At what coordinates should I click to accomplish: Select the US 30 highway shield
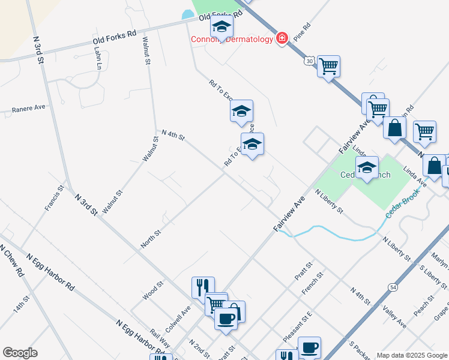click(x=309, y=61)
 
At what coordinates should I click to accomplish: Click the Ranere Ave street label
click(x=29, y=109)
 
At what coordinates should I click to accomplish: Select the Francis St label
click(x=54, y=199)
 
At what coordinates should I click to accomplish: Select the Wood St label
click(x=152, y=291)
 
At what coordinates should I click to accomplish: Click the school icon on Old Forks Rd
click(x=221, y=27)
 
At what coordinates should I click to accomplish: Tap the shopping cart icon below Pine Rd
click(x=328, y=66)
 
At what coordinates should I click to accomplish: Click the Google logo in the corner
click(x=20, y=353)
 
